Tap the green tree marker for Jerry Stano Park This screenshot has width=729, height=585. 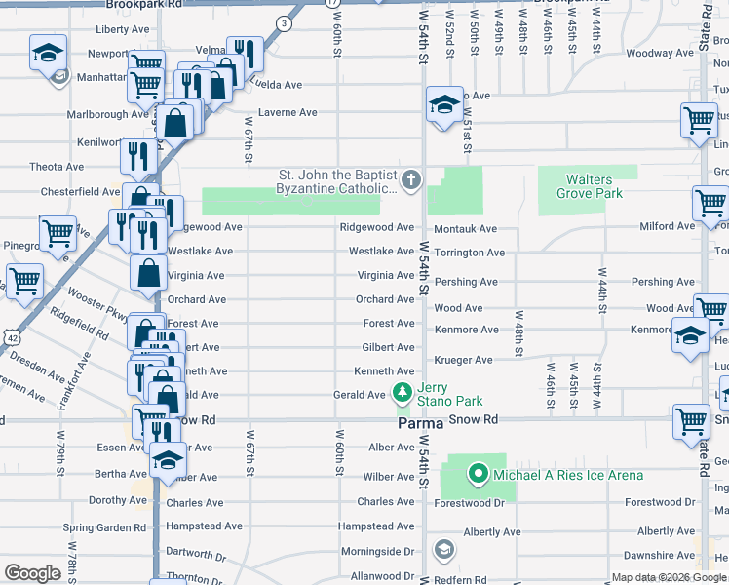[x=401, y=393]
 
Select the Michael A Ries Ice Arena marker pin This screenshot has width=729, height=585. [x=478, y=475]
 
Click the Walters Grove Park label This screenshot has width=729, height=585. [x=590, y=186]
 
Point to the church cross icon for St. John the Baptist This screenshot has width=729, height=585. [x=411, y=179]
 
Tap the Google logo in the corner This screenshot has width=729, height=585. [x=32, y=573]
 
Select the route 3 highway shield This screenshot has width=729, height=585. [x=283, y=23]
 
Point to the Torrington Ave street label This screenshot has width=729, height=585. [x=468, y=253]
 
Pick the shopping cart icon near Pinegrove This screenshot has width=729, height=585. [x=58, y=234]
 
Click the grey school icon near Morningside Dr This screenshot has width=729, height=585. [x=444, y=551]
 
